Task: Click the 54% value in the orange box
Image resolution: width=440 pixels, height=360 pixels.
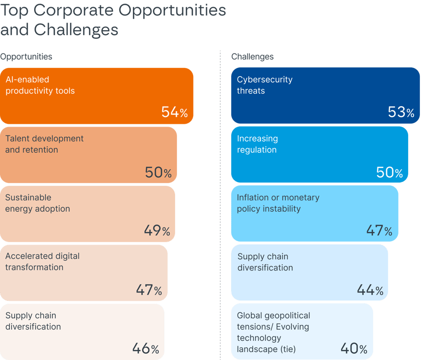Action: [x=175, y=112]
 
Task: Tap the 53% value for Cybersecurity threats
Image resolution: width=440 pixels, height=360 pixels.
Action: [x=401, y=112]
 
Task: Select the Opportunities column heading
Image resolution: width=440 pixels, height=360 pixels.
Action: [x=26, y=57]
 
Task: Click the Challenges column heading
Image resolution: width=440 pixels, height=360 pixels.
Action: [x=252, y=57]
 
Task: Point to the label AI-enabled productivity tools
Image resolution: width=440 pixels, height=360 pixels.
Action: [x=40, y=85]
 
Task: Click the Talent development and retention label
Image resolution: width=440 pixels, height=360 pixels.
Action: [x=44, y=144]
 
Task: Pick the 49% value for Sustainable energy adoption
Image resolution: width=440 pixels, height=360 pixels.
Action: [x=157, y=230]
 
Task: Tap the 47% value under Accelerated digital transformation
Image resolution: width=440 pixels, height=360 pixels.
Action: [x=149, y=290]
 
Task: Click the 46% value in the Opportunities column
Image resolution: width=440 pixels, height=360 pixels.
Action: [x=146, y=349]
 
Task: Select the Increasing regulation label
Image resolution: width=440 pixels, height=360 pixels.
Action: [x=257, y=144]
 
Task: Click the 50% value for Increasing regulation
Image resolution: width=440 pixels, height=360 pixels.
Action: [x=390, y=172]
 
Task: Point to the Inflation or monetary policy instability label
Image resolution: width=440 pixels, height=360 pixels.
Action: [x=278, y=203]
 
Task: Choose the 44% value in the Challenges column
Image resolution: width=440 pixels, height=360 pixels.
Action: [x=370, y=290]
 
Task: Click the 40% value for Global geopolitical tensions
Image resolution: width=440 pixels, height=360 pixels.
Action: [x=353, y=349]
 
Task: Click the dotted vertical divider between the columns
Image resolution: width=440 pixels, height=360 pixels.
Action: [x=220, y=205]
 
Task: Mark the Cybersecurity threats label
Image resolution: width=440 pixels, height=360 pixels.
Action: [x=264, y=85]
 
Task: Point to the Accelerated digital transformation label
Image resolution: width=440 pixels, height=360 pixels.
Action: [x=42, y=262]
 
